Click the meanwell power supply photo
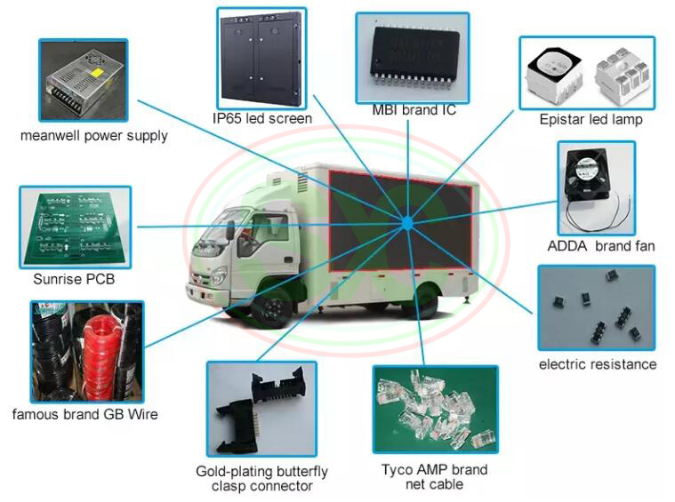pos(84,80)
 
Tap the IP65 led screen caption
pos(262,118)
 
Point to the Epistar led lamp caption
pos(591,120)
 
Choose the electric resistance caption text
pos(598,364)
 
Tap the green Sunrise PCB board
pos(76,227)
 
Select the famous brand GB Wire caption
pos(84,414)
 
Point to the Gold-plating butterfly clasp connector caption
pos(261,478)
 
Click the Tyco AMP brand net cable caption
pos(434,476)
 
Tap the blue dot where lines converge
pos(406,223)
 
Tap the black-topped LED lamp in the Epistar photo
pos(554,76)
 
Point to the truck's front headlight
pos(216,275)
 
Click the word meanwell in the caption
pos(51,136)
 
